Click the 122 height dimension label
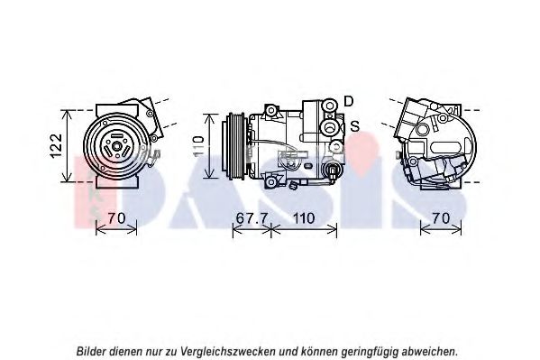tap(56, 146)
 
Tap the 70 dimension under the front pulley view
tap(116, 218)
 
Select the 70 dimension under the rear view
tap(441, 218)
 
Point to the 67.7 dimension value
tap(252, 218)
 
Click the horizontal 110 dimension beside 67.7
tap(304, 218)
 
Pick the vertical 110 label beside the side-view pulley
tap(198, 146)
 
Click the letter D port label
tap(349, 101)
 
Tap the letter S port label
tap(354, 126)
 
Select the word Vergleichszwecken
tap(228, 352)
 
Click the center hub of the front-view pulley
tap(117, 146)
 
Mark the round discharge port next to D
tap(330, 106)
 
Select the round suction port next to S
tap(330, 127)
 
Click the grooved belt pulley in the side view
tap(233, 146)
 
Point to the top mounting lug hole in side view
tap(271, 110)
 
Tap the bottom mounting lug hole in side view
tap(271, 181)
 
